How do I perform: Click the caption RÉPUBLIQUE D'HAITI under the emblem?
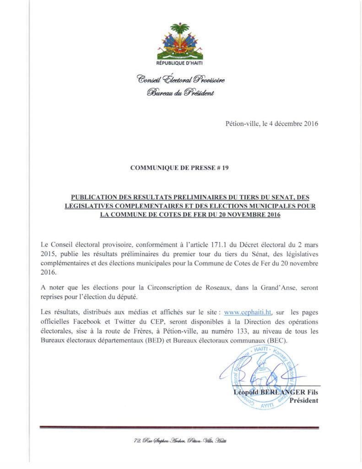coord(180,63)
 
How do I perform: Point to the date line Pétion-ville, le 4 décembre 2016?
coord(272,123)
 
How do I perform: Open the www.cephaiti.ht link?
coord(249,312)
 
